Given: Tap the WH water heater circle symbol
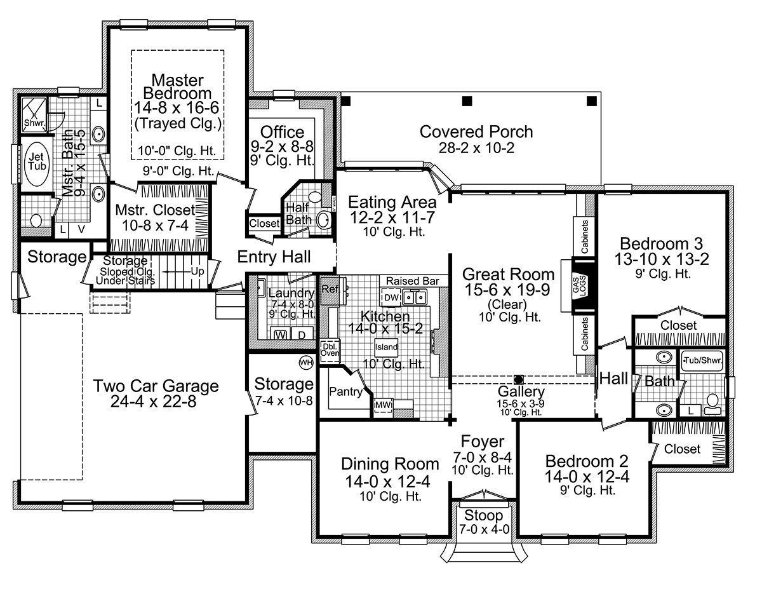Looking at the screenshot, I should [x=306, y=362].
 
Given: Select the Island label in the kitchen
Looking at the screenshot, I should [x=386, y=348].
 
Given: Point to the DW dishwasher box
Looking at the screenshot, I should [x=392, y=297].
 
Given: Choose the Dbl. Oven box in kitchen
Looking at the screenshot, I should [x=330, y=350].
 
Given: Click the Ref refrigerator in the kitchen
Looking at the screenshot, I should [x=329, y=288].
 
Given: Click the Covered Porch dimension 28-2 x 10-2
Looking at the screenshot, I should [x=476, y=148].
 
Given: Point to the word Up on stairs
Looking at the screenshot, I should [x=197, y=271].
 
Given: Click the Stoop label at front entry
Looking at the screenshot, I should [x=483, y=515].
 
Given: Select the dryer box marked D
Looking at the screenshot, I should [x=303, y=334].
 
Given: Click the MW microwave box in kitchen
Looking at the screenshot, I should [x=382, y=404].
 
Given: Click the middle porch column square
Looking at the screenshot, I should [x=467, y=101].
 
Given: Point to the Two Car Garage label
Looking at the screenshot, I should [x=156, y=386].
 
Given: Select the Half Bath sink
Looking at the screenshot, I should [x=323, y=220].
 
